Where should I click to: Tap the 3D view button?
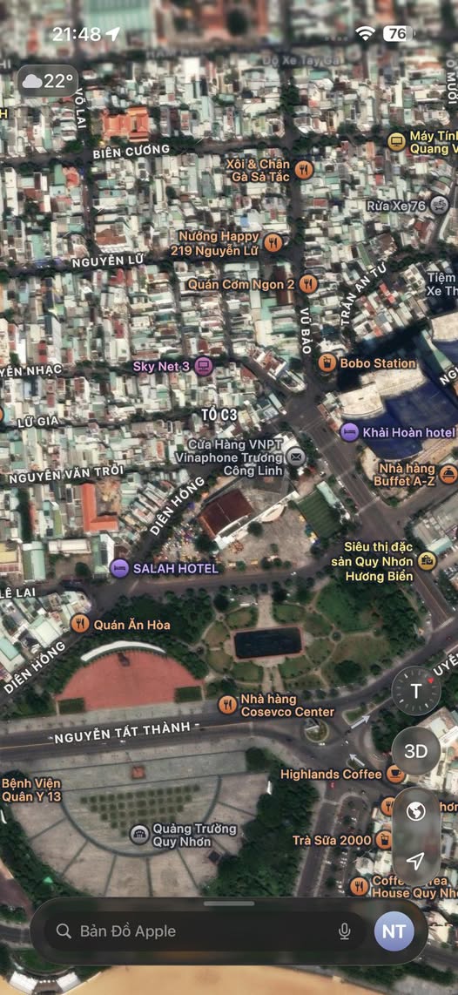(x=415, y=750)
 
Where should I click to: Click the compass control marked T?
(x=415, y=691)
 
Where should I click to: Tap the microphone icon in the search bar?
(x=345, y=931)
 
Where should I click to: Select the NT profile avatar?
(x=394, y=931)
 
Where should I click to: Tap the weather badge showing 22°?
(x=47, y=81)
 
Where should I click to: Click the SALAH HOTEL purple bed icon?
(x=120, y=568)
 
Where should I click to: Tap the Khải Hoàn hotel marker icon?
(x=349, y=431)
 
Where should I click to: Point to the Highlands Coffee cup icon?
(x=395, y=774)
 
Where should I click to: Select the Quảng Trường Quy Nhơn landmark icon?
(x=139, y=835)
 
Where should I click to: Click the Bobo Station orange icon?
(x=327, y=362)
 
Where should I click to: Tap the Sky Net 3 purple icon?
(x=204, y=366)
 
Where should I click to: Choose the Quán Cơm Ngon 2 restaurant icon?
(x=307, y=284)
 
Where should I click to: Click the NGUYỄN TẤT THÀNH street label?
(x=126, y=738)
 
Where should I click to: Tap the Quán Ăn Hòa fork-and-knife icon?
(x=80, y=623)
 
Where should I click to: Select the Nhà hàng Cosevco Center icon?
(x=227, y=705)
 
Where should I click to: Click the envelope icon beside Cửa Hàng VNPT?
(x=296, y=456)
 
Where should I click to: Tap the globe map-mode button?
(x=415, y=811)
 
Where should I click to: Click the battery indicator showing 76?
(x=397, y=34)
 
